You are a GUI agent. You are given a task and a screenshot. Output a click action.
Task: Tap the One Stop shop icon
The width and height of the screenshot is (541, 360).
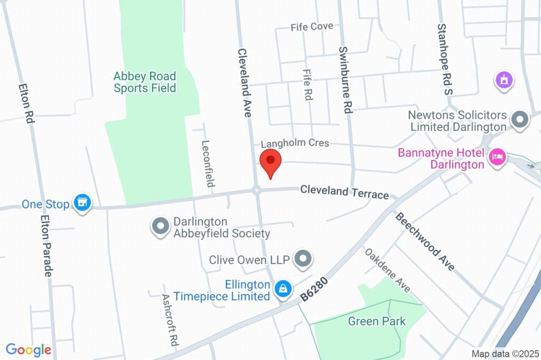pos(82,203)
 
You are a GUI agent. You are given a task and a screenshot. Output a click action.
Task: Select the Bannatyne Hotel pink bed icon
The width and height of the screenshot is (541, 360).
pos(498,157)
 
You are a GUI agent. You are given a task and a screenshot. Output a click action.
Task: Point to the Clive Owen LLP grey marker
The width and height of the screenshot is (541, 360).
pos(303,259)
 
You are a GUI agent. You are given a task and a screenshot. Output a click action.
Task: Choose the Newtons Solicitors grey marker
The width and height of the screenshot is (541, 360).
pos(520,120)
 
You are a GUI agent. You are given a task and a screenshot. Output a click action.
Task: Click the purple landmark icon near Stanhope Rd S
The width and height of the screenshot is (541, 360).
pos(504,81)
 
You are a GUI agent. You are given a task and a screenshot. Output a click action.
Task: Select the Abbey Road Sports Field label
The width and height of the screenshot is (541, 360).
pos(145,82)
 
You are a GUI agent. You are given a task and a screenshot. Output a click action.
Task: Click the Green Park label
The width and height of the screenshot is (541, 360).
pos(377,321)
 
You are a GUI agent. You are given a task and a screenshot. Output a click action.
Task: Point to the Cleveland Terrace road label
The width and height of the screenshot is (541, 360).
pos(344,192)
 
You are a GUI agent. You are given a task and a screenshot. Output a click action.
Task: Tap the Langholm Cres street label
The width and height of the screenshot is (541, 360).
pos(295,143)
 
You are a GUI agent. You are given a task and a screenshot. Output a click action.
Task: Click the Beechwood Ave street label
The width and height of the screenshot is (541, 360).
pos(425,241)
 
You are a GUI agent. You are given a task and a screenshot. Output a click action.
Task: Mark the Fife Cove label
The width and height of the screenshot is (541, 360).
pos(312,26)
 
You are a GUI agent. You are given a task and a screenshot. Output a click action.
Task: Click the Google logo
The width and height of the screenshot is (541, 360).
pos(29,349)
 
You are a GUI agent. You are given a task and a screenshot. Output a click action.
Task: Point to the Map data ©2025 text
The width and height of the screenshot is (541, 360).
pos(505,354)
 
